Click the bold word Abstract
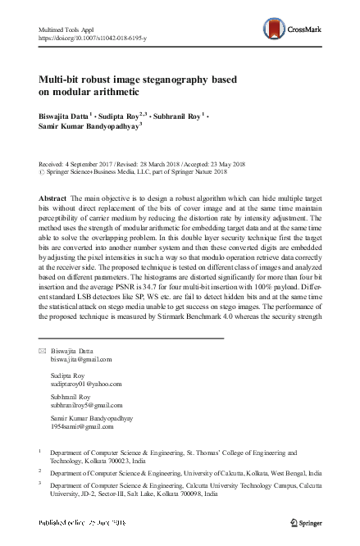[53, 199]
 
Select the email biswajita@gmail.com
[81, 359]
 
